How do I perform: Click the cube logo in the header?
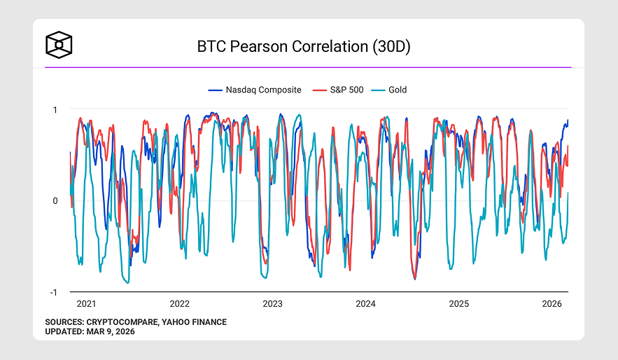coord(59,45)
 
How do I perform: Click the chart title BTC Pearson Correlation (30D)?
coord(303,47)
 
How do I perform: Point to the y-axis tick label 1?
coord(55,109)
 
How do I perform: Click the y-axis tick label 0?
coord(55,201)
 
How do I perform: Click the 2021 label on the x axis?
coord(86,304)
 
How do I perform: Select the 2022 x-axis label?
coord(179,304)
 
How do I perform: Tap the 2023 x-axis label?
coord(272,304)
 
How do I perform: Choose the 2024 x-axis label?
coord(365,304)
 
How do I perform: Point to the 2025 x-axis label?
coord(458,304)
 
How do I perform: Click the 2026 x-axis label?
coord(552,304)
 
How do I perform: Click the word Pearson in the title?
coord(257,47)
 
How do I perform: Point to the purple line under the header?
coord(308,67)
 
